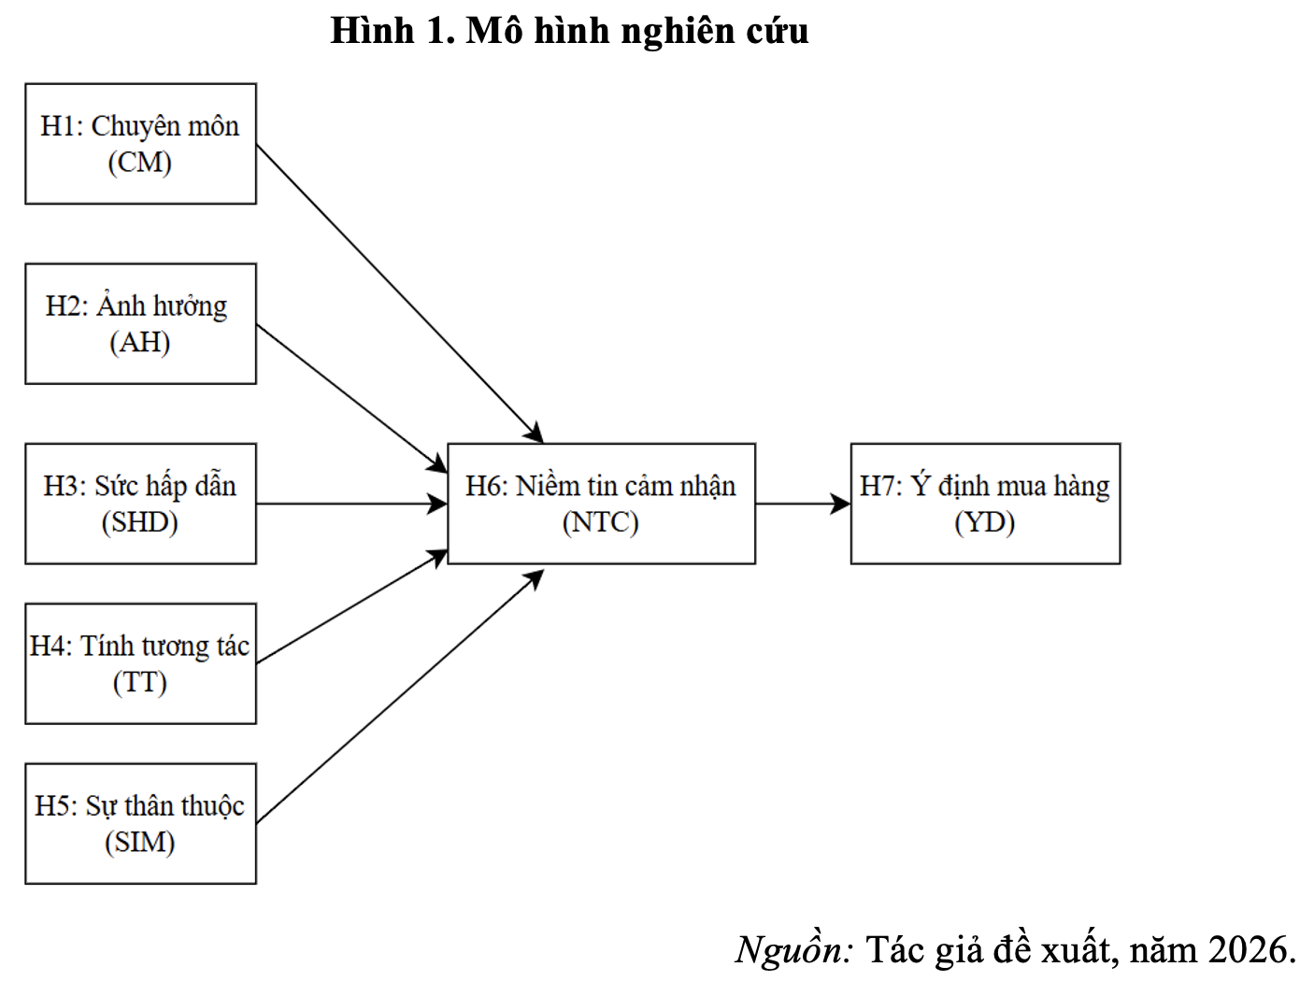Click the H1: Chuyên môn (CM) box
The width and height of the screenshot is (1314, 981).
pyautogui.click(x=140, y=143)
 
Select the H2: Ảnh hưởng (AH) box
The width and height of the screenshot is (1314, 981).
pyautogui.click(x=140, y=323)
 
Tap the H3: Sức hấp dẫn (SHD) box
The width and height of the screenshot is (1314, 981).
pyautogui.click(x=140, y=503)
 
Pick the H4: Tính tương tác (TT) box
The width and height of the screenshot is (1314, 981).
pyautogui.click(x=140, y=663)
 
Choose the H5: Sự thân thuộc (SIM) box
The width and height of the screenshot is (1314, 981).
pyautogui.click(x=140, y=823)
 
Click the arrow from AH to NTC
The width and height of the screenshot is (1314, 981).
pyautogui.click(x=350, y=397)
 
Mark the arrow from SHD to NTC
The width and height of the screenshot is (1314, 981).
pyautogui.click(x=350, y=504)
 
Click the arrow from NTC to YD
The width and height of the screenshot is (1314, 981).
pyautogui.click(x=802, y=504)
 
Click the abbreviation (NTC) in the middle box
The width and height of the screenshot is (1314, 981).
pyautogui.click(x=601, y=522)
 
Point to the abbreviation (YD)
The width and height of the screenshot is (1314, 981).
pyautogui.click(x=985, y=522)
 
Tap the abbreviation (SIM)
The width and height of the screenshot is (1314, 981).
pyautogui.click(x=140, y=843)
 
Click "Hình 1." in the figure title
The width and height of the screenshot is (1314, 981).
pyautogui.click(x=392, y=31)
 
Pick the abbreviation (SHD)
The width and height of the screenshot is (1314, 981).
pyautogui.click(x=140, y=522)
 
